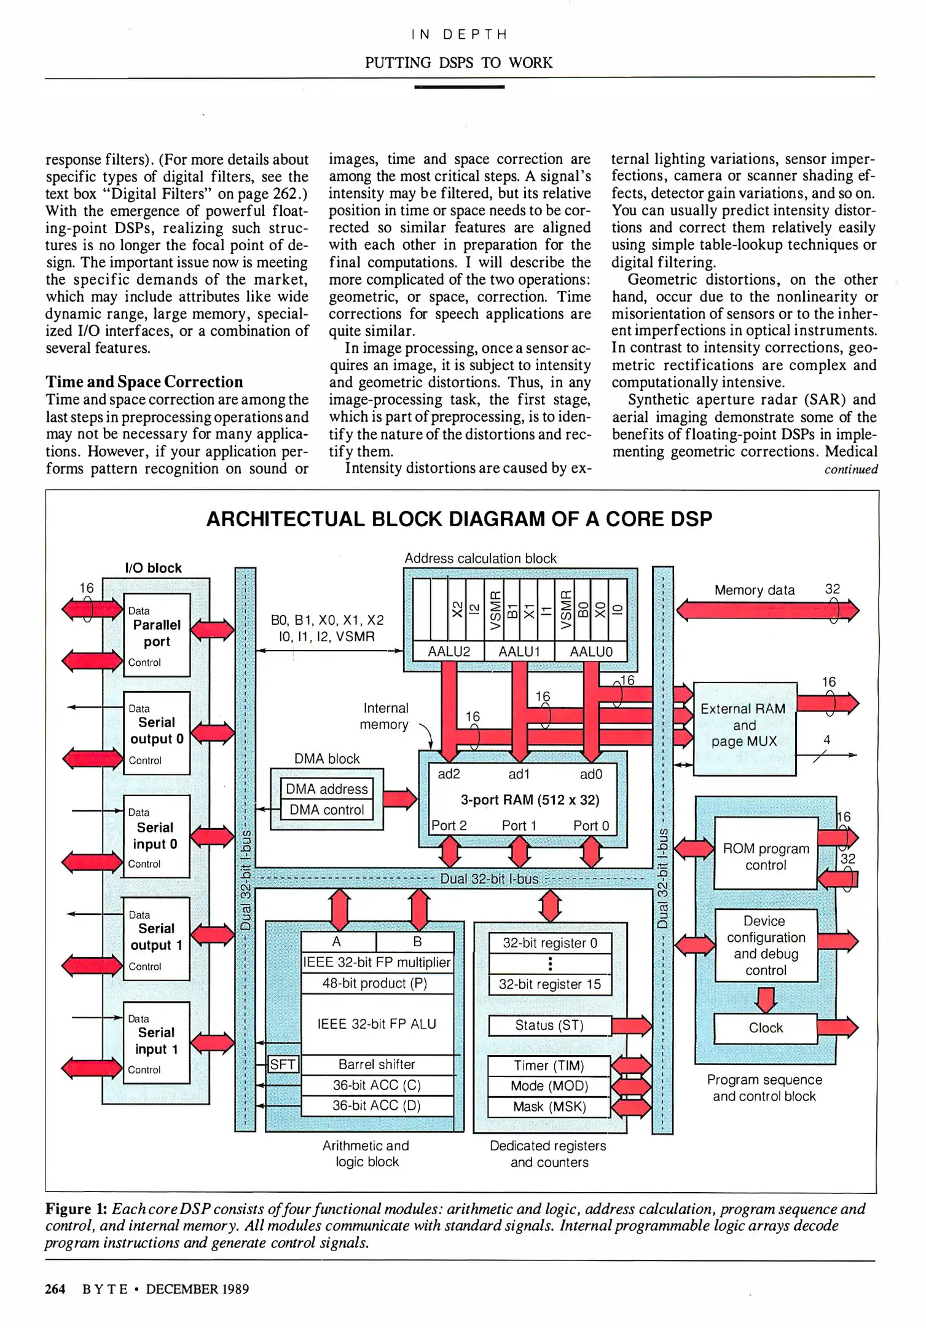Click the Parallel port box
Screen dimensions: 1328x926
157,634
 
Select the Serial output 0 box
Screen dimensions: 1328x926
157,732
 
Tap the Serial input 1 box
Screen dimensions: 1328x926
157,1042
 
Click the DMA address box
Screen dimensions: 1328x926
326,789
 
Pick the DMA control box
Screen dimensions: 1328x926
326,810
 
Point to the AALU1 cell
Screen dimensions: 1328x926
519,652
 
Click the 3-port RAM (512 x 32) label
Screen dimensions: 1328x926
530,799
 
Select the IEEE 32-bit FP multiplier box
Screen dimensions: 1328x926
377,962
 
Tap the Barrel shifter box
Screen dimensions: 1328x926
377,1064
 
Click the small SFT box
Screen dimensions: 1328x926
283,1064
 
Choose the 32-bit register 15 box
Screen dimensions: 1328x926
549,984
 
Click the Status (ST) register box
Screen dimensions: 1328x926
549,1025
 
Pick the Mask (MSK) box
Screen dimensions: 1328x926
549,1107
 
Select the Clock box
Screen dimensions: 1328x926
766,1028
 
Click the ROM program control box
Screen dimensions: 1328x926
766,856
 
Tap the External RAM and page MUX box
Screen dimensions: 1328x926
744,725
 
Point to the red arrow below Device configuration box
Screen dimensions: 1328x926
766,998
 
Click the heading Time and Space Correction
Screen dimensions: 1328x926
144,382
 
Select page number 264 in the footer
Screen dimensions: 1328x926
55,1289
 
